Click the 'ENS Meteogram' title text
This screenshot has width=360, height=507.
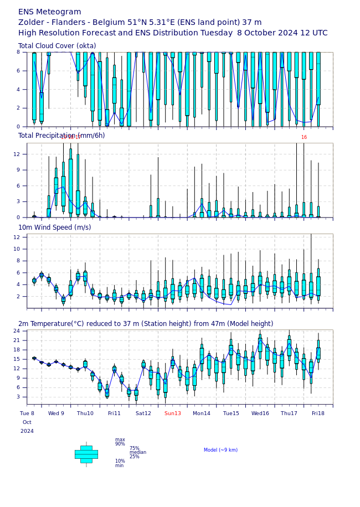[x=50, y=12]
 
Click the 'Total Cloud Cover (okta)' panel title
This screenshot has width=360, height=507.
[x=57, y=46]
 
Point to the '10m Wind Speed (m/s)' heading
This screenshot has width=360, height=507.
[x=55, y=227]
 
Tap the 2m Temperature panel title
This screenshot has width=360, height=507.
[x=146, y=324]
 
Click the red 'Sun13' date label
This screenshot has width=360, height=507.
[x=173, y=413]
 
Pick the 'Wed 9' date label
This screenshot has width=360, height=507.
[x=56, y=413]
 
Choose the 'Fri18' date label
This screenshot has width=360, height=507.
[x=318, y=413]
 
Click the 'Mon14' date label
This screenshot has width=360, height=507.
[x=202, y=413]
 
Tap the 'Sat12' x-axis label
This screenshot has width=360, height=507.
[x=143, y=413]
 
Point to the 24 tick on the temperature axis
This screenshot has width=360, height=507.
[x=17, y=331]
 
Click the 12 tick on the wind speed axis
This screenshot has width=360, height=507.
[x=17, y=237]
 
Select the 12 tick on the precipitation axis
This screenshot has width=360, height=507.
[x=17, y=154]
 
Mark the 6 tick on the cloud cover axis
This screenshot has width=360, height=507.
[x=18, y=71]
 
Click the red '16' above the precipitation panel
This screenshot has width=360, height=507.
[x=304, y=137]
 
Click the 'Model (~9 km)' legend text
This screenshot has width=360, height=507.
[x=220, y=450]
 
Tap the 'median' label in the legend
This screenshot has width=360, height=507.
[x=138, y=452]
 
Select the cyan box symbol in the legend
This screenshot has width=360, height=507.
[x=86, y=454]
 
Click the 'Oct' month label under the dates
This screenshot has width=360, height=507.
[x=27, y=422]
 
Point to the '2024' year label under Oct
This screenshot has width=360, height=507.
[x=27, y=431]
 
